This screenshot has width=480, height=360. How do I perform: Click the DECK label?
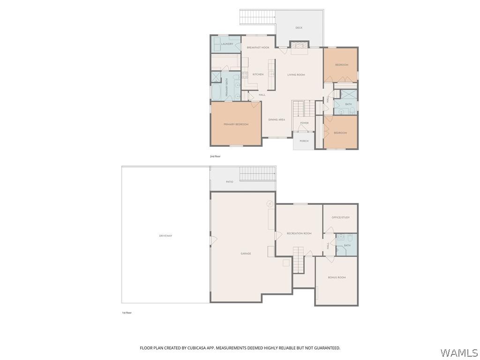pos(299,28)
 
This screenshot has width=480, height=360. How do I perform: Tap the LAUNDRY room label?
pos(227,44)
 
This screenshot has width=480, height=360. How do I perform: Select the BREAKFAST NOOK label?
pos(258,47)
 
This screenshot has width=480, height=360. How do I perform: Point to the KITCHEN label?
pos(258,75)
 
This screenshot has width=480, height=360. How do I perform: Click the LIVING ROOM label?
pos(296,75)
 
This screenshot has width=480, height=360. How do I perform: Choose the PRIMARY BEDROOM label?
pos(236,124)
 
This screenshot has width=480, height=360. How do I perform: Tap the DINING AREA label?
pos(277,120)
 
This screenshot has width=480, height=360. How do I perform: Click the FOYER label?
pos(304,123)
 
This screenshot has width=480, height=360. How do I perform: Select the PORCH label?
pos(304,141)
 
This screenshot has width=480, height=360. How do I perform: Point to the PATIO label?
pos(229,181)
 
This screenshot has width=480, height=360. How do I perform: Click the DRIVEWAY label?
pos(165,236)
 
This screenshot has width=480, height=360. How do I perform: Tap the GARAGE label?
pos(246,254)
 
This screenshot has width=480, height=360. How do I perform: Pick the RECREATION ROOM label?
pos(299,233)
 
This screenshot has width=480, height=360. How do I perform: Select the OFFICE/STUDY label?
pos(340,217)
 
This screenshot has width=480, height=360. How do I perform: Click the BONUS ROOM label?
pos(337,277)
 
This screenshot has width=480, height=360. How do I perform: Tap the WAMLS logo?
pos(459,352)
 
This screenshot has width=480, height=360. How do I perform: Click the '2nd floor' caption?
pos(215,156)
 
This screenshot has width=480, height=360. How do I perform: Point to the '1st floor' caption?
pos(127,313)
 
